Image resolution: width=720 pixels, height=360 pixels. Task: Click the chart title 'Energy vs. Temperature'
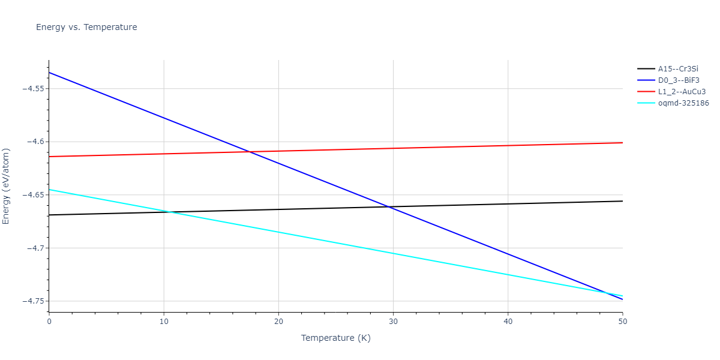coord(86,27)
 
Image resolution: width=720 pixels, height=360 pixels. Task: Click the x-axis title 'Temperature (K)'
coord(335,338)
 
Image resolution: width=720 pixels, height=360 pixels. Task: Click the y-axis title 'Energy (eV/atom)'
coord(7,186)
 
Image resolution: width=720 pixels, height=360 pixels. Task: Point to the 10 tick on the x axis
coord(164,322)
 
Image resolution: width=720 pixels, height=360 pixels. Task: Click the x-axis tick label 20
coord(278,322)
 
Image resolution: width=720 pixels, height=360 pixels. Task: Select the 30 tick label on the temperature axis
coord(393,322)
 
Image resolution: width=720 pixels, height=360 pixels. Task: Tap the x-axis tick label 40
coord(508,322)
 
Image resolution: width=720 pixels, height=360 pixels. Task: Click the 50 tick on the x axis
coord(622,322)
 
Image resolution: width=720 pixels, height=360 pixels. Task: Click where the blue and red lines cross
coord(250,152)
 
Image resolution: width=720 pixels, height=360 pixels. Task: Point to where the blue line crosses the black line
coord(391,207)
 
